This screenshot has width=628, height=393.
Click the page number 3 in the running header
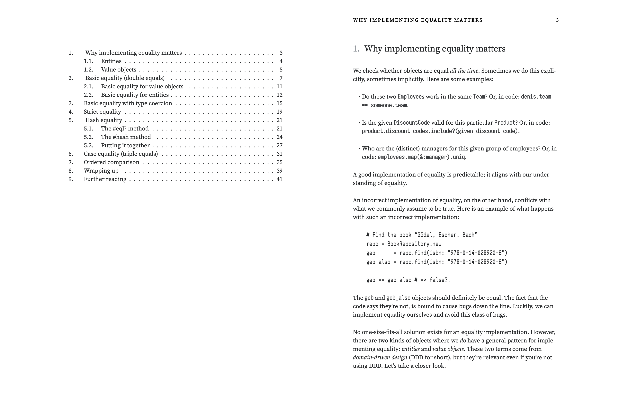click(557, 20)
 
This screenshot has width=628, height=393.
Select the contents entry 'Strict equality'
click(102, 112)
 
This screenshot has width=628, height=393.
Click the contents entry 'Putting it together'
click(125, 145)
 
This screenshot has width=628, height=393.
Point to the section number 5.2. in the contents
click(88, 137)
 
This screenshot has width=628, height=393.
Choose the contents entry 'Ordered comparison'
click(111, 162)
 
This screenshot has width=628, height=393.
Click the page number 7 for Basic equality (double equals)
click(281, 78)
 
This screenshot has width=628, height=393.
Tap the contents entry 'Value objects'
click(119, 70)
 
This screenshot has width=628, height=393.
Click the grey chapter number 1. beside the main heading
click(356, 49)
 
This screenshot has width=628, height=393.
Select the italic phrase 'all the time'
click(464, 71)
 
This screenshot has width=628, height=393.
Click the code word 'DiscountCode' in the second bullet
click(412, 123)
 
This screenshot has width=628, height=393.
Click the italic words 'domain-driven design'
click(380, 357)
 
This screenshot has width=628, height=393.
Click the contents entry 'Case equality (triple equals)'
click(121, 154)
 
